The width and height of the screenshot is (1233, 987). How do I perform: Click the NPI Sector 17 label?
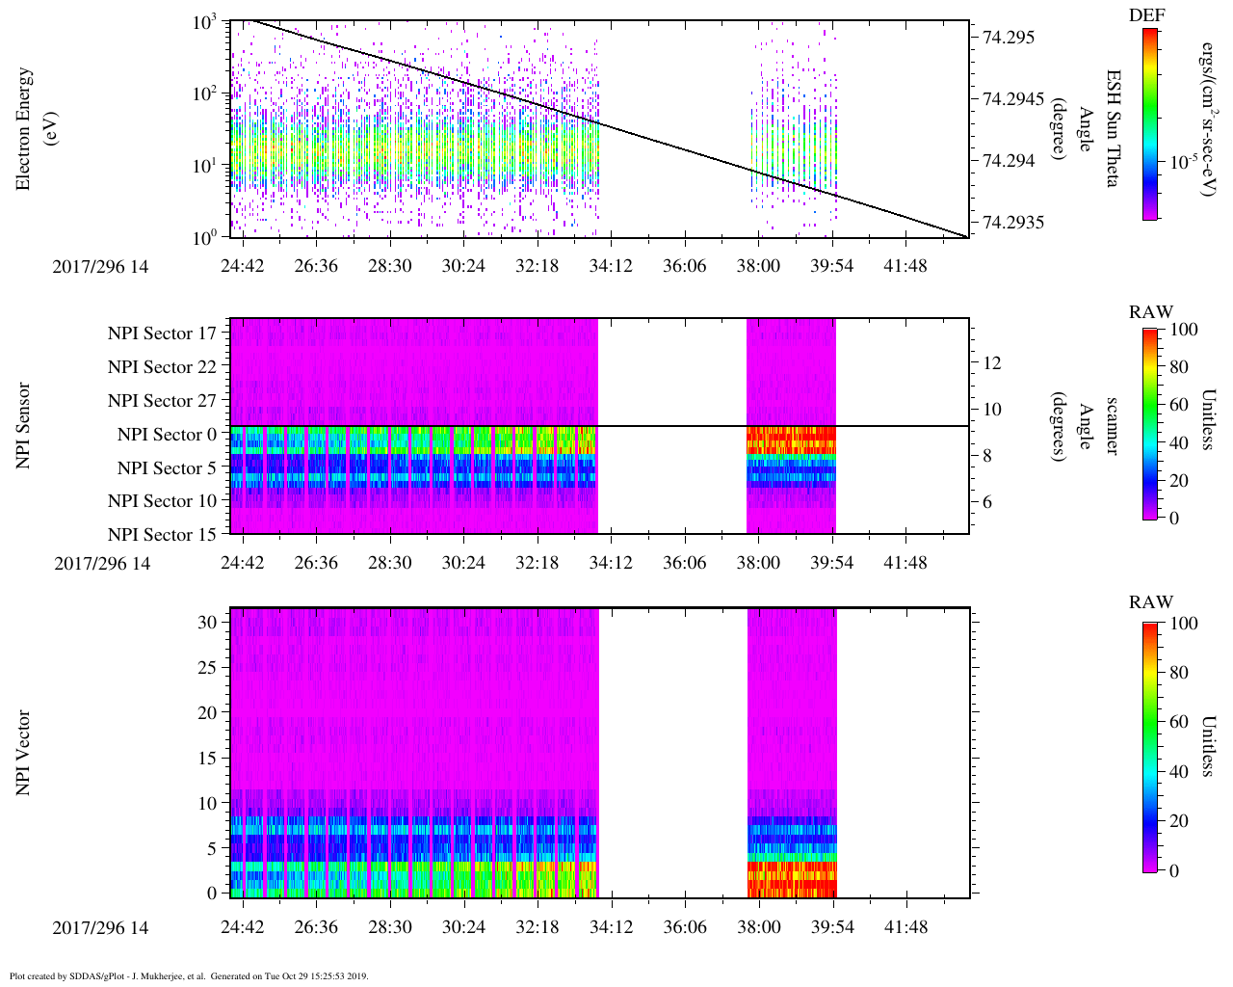tap(163, 333)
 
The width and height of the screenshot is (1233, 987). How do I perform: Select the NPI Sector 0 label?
tap(168, 435)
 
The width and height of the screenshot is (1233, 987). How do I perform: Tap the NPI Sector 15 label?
tap(163, 535)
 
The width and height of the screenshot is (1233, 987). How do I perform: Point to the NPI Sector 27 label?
tap(163, 401)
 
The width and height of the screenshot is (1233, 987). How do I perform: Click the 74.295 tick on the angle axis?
tap(1009, 38)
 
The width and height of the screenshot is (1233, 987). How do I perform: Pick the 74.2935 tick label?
tap(1013, 223)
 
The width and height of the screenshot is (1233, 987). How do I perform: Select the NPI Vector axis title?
tap(24, 753)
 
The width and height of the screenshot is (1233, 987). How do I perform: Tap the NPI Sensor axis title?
tap(24, 426)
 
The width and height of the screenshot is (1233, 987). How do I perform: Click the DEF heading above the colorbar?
tap(1147, 14)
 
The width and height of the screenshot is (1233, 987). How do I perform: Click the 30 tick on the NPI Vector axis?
tap(207, 623)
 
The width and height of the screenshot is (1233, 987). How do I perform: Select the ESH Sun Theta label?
tap(1114, 128)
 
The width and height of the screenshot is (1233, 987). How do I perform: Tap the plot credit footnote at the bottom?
tap(189, 975)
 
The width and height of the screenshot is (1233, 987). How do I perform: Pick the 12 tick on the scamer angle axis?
tap(992, 363)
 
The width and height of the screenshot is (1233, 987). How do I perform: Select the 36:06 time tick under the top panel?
tap(685, 266)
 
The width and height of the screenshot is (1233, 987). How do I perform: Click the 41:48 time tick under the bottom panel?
tap(906, 927)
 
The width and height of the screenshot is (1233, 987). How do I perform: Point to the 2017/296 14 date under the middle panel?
tap(102, 564)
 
